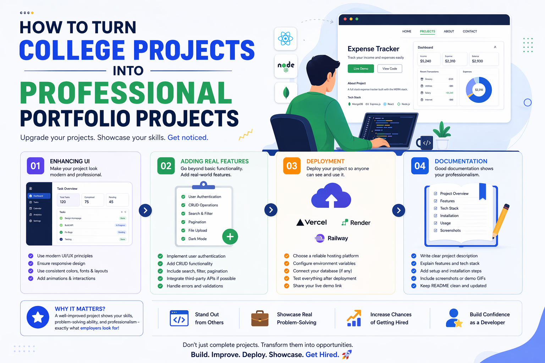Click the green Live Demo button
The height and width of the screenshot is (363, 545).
(x=360, y=68)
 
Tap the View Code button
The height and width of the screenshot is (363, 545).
(x=390, y=68)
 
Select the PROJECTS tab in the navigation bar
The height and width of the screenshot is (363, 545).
(x=427, y=32)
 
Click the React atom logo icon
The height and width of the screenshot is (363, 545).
(x=285, y=39)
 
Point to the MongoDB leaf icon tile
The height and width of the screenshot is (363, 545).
(x=286, y=93)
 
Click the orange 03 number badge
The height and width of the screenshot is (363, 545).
(x=292, y=166)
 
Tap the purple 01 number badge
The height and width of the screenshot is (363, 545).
(x=35, y=166)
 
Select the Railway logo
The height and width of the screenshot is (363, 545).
(x=331, y=238)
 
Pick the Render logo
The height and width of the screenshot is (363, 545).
(x=356, y=223)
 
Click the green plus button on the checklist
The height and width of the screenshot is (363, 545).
(x=230, y=236)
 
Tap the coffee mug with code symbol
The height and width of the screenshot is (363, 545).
(x=425, y=143)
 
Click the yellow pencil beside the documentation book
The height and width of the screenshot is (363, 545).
(x=501, y=221)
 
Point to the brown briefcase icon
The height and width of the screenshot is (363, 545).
(x=260, y=318)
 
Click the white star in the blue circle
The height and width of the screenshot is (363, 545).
(x=38, y=317)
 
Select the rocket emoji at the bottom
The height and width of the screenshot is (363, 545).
(x=347, y=354)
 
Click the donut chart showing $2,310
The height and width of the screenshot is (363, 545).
(x=479, y=90)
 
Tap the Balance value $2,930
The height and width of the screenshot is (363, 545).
(x=477, y=61)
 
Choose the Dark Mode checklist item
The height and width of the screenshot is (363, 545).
(x=197, y=239)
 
